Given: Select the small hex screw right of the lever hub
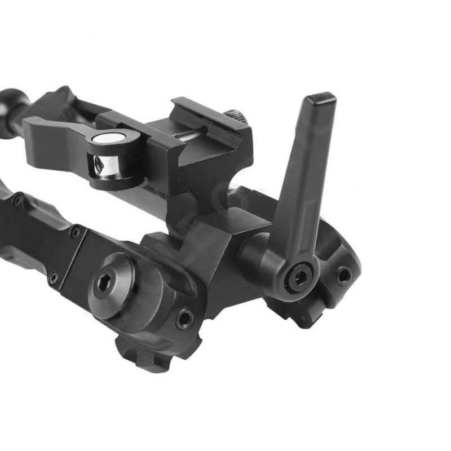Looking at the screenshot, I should pos(343,276).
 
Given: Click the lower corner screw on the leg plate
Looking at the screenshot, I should pos(54,277).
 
